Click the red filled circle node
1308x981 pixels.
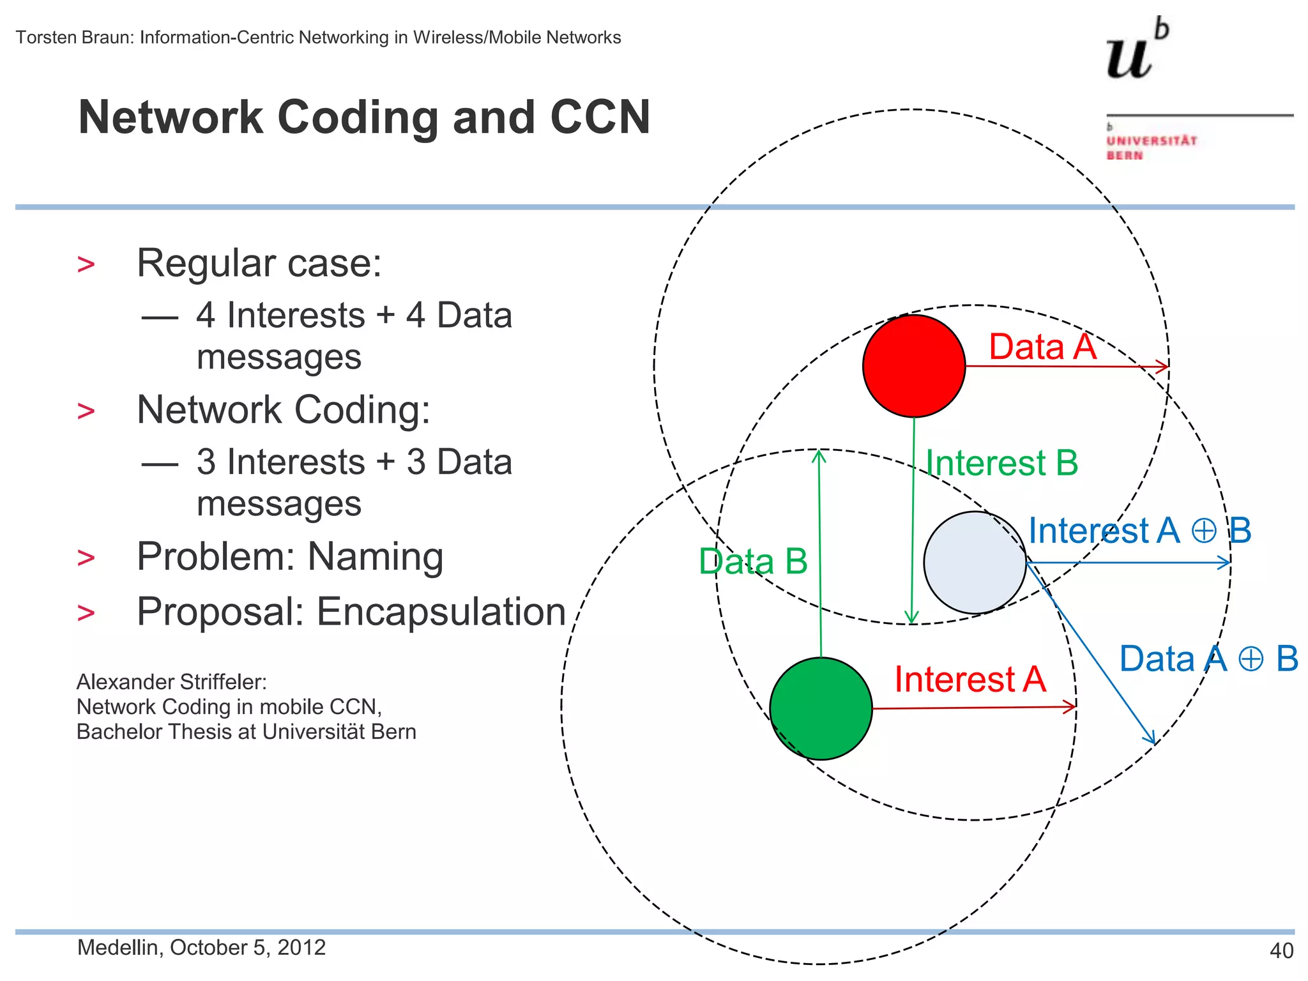pos(913,366)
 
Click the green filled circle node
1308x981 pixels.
pos(821,708)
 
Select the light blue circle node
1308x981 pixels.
pos(975,562)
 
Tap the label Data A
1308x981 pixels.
pos(1042,347)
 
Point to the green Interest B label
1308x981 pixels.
pos(1001,462)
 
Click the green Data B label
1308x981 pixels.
pos(753,561)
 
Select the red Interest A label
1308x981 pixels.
pos(970,679)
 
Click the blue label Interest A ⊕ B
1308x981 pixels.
pos(1139,531)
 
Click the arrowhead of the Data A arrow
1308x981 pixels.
pos(1164,367)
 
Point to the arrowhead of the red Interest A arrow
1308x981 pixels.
pos(1071,706)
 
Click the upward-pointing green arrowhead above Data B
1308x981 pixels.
pos(819,455)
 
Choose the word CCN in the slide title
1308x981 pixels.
pos(600,118)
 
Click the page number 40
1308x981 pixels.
pos(1281,950)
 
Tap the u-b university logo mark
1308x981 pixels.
pos(1137,51)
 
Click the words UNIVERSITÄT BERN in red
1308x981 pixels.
pos(1150,148)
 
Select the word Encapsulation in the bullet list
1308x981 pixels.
pos(441,611)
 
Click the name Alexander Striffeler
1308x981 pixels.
pos(171,682)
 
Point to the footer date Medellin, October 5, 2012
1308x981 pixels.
pos(201,947)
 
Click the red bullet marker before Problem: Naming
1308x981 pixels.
pos(86,558)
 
